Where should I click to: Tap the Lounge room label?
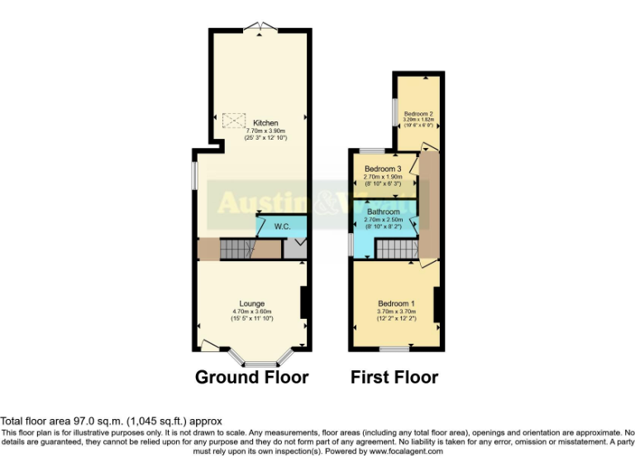(252, 302)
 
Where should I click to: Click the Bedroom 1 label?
(396, 302)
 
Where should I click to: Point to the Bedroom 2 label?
(418, 113)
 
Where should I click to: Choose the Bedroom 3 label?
(383, 169)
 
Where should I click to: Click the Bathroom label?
(384, 212)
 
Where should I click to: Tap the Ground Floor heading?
(251, 378)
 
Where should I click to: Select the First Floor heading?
(394, 378)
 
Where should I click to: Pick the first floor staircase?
(394, 249)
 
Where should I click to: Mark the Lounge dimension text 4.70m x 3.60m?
(252, 311)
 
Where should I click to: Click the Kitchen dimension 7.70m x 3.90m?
(265, 131)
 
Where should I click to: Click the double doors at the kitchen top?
(259, 29)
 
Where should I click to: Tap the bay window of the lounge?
(260, 362)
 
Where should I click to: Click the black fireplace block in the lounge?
(304, 302)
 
